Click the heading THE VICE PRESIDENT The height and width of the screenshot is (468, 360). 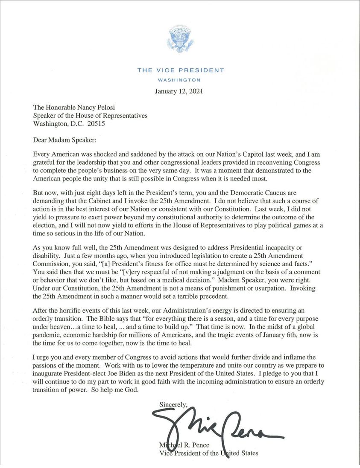coord(180,70)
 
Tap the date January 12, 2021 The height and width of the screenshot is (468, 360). coord(180,91)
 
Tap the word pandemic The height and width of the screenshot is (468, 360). coord(47,345)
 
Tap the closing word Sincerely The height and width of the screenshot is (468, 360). coord(173,404)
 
